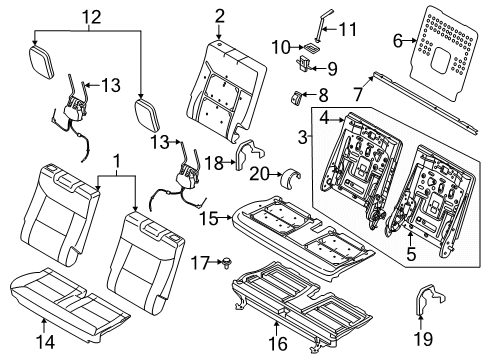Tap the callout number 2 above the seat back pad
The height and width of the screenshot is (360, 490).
[x=219, y=15]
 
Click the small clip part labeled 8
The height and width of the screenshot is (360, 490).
[x=297, y=98]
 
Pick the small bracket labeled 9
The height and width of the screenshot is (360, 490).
[x=302, y=65]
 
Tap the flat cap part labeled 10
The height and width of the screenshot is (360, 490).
[x=312, y=46]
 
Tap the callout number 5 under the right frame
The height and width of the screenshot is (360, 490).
[x=410, y=252]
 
